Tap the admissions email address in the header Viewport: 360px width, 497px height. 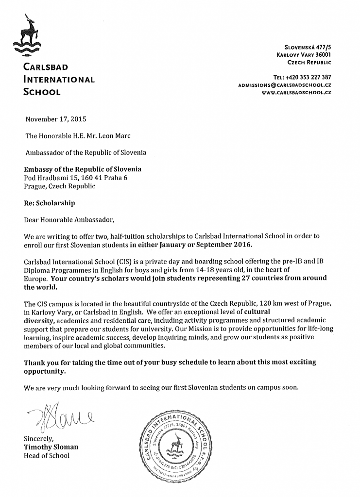point(284,84)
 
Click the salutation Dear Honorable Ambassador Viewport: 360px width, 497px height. point(69,220)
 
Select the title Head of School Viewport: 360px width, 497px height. point(47,455)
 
